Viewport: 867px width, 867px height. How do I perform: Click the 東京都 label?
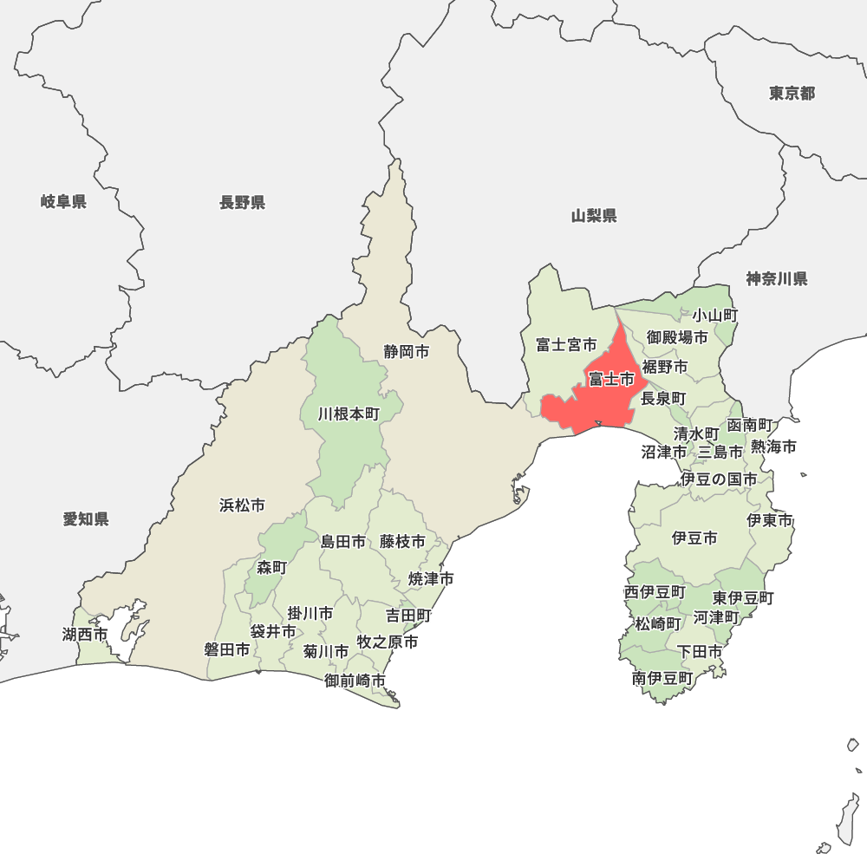pos(792,93)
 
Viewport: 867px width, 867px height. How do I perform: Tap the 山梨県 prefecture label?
pos(594,216)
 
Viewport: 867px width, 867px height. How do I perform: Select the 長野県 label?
pos(242,203)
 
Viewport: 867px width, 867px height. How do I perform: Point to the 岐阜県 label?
pos(63,202)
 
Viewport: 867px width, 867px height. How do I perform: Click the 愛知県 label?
pos(86,519)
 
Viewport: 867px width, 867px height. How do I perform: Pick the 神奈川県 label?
pos(777,278)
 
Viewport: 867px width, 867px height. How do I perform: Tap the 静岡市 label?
pos(407,352)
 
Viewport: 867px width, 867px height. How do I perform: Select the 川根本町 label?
pos(349,414)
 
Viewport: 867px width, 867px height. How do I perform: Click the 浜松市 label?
pos(242,505)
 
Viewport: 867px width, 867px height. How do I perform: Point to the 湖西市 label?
pos(85,635)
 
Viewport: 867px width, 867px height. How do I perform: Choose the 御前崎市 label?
pos(355,681)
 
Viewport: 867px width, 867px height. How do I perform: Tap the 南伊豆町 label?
pos(662,678)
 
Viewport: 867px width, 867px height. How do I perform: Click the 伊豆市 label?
pos(694,538)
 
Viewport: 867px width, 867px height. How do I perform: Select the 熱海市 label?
pos(774,447)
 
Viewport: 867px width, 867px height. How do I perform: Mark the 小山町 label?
pos(715,316)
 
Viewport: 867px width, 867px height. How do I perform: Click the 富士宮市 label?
pos(566,345)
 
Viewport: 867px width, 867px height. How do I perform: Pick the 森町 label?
pos(271,568)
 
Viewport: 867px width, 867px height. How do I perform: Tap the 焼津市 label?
pos(432,578)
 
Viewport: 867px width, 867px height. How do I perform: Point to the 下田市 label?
pos(700,651)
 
